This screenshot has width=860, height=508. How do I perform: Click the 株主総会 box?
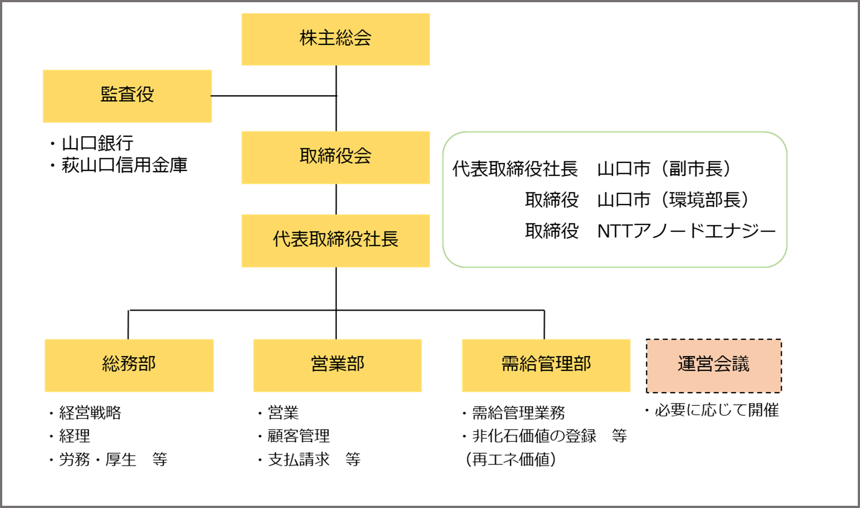click(x=335, y=39)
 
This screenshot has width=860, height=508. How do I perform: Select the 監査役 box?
click(x=127, y=96)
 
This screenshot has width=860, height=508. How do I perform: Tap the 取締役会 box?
click(x=335, y=158)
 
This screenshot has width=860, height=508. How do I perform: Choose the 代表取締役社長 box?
click(x=335, y=241)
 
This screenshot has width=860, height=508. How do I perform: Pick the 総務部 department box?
click(x=129, y=366)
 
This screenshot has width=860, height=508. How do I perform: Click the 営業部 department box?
click(x=338, y=366)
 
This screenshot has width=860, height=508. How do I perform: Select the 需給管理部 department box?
click(x=546, y=366)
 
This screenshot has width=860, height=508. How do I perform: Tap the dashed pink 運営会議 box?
click(x=714, y=366)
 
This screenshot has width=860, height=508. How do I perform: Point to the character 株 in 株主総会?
click(x=308, y=38)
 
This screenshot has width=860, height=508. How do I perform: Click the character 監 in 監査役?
click(x=109, y=94)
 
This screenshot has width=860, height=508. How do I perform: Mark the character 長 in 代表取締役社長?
click(x=389, y=239)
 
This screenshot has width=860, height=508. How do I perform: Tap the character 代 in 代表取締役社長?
click(x=282, y=239)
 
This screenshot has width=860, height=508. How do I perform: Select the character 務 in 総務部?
click(x=129, y=363)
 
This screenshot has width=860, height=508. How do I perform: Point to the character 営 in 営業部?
click(x=320, y=363)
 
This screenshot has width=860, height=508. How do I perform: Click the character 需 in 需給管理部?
click(x=510, y=363)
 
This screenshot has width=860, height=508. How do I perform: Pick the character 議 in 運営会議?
click(x=741, y=364)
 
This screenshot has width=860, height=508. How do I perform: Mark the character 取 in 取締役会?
click(x=308, y=156)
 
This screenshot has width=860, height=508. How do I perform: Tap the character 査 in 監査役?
click(x=127, y=94)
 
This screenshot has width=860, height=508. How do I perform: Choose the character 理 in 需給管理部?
click(x=564, y=363)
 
